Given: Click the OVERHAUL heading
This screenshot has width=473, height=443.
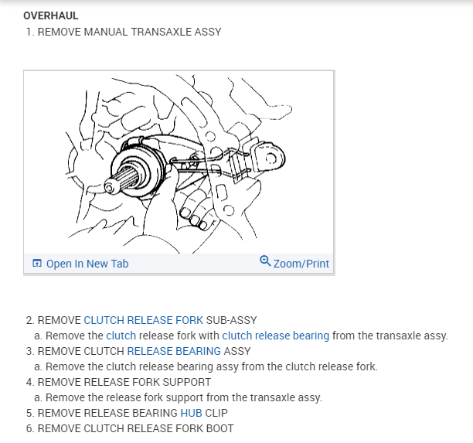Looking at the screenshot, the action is tap(51, 15).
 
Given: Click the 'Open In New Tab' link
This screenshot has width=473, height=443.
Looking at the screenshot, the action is tap(87, 264).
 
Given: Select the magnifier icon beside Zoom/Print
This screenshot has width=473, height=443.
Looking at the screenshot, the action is tap(266, 262).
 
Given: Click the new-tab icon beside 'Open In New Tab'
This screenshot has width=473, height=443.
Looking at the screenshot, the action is tap(36, 264).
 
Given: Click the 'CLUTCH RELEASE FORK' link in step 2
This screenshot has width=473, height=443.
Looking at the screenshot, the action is tap(143, 320).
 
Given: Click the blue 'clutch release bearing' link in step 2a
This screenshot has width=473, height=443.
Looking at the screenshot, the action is tap(275, 336).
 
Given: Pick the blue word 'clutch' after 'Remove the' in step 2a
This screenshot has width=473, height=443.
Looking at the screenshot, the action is tap(121, 336).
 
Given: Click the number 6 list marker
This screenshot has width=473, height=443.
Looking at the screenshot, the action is tap(29, 428).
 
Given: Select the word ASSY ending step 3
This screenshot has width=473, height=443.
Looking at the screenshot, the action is tap(237, 351).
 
